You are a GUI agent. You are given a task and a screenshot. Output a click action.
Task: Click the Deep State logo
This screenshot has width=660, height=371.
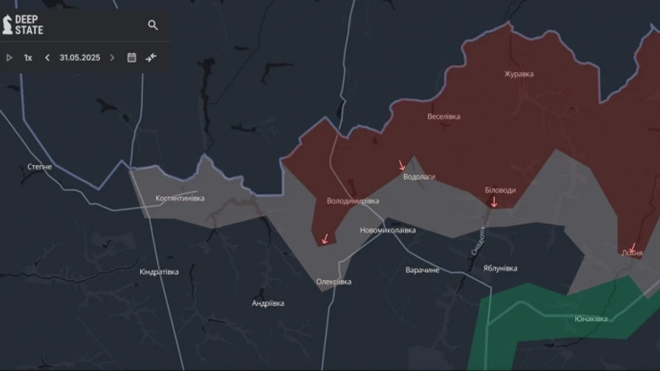point(23,24)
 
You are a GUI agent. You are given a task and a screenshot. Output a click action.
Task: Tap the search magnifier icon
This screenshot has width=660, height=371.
point(153,25)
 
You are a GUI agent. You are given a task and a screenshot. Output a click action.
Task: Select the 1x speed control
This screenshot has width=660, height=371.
point(28,57)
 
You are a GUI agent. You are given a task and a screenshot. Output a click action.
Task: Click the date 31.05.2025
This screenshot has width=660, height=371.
point(80,57)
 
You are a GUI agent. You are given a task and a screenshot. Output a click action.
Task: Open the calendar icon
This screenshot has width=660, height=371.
point(132,57)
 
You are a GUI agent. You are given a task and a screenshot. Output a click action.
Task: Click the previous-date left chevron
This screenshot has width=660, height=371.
point(48,57)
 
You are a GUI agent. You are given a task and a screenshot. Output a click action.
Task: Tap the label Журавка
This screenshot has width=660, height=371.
point(518,74)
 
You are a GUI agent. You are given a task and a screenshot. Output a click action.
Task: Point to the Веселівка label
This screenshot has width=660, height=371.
point(444,117)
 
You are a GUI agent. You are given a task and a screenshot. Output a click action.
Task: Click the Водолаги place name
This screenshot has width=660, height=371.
point(419,177)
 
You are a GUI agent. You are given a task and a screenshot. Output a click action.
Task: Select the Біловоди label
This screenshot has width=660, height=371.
point(500,190)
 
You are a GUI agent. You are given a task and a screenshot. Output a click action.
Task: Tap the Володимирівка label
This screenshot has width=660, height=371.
point(353,201)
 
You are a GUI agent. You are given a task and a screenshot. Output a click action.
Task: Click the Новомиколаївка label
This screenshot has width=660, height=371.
point(387,230)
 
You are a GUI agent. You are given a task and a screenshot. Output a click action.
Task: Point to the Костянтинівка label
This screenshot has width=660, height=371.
point(180,198)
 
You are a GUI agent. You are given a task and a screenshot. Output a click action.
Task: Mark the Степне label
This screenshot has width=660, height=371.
point(40,167)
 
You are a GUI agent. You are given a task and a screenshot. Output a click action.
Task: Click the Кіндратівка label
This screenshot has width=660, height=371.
point(158,272)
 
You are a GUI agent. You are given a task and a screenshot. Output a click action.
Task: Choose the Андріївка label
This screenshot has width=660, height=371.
point(268,303)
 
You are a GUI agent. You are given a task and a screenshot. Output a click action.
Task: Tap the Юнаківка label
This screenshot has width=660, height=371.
point(591,319)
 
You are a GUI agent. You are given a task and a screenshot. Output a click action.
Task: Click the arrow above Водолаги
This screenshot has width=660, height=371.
point(402,165)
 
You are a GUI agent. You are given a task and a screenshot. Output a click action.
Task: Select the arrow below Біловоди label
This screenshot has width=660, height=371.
point(494,202)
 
